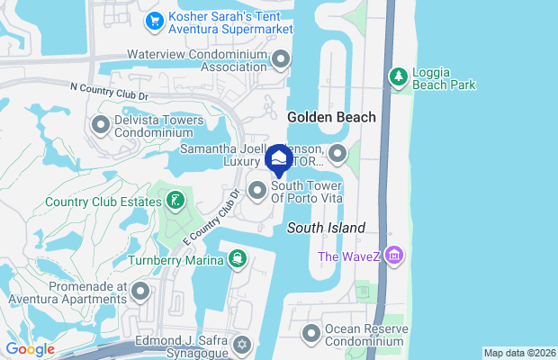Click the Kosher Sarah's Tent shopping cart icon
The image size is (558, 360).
(x=155, y=20)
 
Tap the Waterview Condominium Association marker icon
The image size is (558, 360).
(x=281, y=60)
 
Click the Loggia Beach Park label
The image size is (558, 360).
(x=445, y=78)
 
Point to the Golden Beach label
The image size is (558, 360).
(x=330, y=117)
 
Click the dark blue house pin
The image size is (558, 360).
(x=280, y=160)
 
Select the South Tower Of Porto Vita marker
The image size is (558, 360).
(x=257, y=190)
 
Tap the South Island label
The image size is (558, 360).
(x=326, y=229)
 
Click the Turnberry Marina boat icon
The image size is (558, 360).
(x=237, y=260)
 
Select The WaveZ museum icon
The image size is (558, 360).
(x=392, y=257)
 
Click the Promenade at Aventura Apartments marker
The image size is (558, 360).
(x=140, y=291)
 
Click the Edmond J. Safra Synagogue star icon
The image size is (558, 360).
(x=241, y=346)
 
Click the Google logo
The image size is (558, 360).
(x=30, y=349)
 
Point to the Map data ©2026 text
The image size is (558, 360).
(x=519, y=353)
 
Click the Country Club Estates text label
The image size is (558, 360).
(x=82, y=202)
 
